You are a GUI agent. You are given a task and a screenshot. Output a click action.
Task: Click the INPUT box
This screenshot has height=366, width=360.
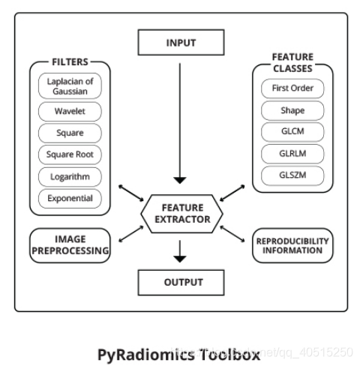tap(180, 42)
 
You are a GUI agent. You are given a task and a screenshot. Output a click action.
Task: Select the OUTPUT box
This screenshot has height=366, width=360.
tap(180, 283)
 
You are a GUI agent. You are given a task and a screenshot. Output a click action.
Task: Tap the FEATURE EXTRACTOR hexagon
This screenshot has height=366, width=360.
tap(180, 214)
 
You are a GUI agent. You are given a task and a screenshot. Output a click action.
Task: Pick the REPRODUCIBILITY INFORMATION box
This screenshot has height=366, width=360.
tap(292, 245)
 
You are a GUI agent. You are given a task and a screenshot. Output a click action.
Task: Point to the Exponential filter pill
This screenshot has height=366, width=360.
tap(68, 199)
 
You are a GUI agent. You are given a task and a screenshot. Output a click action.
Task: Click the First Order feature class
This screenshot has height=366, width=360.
tap(292, 88)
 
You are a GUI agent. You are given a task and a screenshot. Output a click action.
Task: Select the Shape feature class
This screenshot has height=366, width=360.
tap(292, 111)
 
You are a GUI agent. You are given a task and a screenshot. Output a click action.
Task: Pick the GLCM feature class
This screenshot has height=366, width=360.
tap(292, 133)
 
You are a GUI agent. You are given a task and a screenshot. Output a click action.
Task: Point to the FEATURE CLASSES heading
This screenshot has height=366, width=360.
tap(292, 61)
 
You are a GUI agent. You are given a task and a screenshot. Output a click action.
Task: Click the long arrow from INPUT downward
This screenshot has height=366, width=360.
tap(180, 120)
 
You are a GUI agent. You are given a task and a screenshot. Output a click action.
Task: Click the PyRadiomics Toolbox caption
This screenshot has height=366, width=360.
tap(180, 352)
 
